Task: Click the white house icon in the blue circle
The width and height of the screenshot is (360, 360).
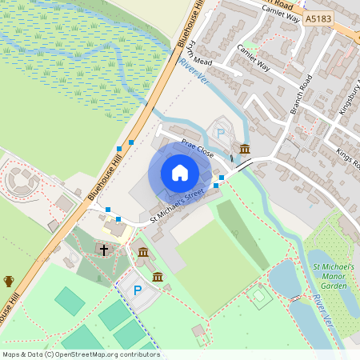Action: click(x=179, y=173)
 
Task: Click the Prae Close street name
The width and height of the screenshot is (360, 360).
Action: click(x=196, y=147)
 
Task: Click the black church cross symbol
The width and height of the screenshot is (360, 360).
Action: click(x=103, y=250)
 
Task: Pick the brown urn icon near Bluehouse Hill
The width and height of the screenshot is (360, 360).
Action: click(x=9, y=281)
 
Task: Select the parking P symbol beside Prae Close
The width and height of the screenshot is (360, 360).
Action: click(x=222, y=134)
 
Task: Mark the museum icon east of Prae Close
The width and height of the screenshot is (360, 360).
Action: click(x=244, y=150)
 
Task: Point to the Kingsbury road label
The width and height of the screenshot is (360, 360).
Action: click(x=349, y=97)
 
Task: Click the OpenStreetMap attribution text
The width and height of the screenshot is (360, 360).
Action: click(x=81, y=354)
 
